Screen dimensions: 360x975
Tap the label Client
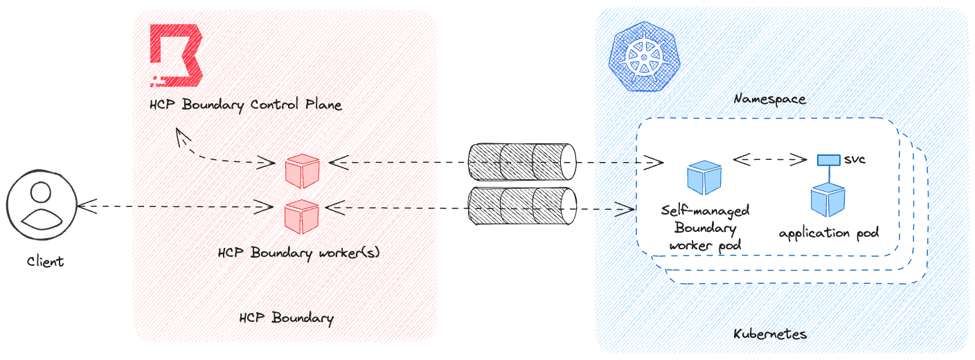[x=45, y=262]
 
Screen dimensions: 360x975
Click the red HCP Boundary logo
[x=176, y=55]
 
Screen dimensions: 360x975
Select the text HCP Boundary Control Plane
[x=246, y=105]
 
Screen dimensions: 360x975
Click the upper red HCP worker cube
[x=303, y=170]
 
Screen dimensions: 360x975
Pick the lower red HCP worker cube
[x=302, y=215]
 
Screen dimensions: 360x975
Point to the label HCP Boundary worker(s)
[x=298, y=253]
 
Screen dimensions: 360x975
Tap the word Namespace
[x=769, y=99]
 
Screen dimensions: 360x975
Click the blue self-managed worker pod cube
[x=704, y=177]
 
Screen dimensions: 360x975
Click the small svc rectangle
[x=828, y=160]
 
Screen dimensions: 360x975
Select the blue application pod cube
[x=828, y=200]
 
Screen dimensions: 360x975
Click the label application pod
[x=829, y=233]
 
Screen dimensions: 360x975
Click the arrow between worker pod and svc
[x=770, y=160]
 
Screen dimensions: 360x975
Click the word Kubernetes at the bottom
[x=770, y=334]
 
